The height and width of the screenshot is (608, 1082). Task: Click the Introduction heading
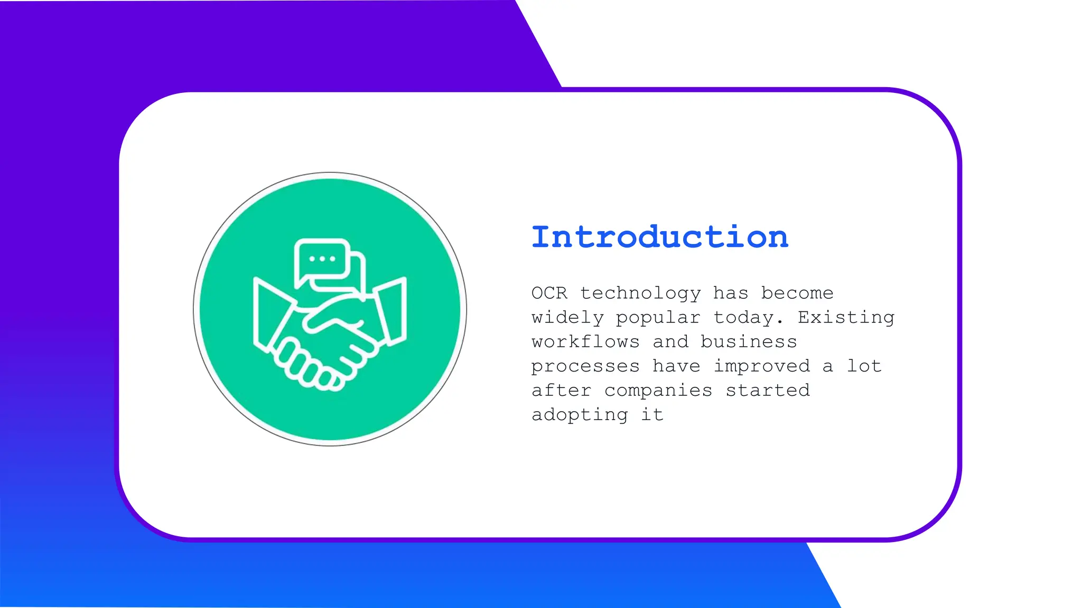pyautogui.click(x=659, y=237)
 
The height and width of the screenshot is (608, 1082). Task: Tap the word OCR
pyautogui.click(x=549, y=293)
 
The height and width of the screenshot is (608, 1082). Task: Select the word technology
pyautogui.click(x=640, y=293)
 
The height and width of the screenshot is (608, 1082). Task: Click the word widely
pyautogui.click(x=567, y=318)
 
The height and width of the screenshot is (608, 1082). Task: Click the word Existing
pyautogui.click(x=846, y=318)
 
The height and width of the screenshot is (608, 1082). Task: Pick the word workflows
pyautogui.click(x=585, y=342)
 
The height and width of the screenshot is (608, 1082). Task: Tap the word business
pyautogui.click(x=749, y=342)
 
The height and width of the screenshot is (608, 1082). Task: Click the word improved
pyautogui.click(x=761, y=366)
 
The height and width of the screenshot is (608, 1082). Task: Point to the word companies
pyautogui.click(x=658, y=391)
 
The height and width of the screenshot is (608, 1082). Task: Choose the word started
pyautogui.click(x=767, y=391)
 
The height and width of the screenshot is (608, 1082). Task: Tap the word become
pyautogui.click(x=797, y=293)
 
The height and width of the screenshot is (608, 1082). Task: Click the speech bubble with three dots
pyautogui.click(x=322, y=259)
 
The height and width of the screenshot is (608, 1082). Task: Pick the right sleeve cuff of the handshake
pyautogui.click(x=391, y=311)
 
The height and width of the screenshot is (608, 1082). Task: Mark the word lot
pyautogui.click(x=864, y=366)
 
